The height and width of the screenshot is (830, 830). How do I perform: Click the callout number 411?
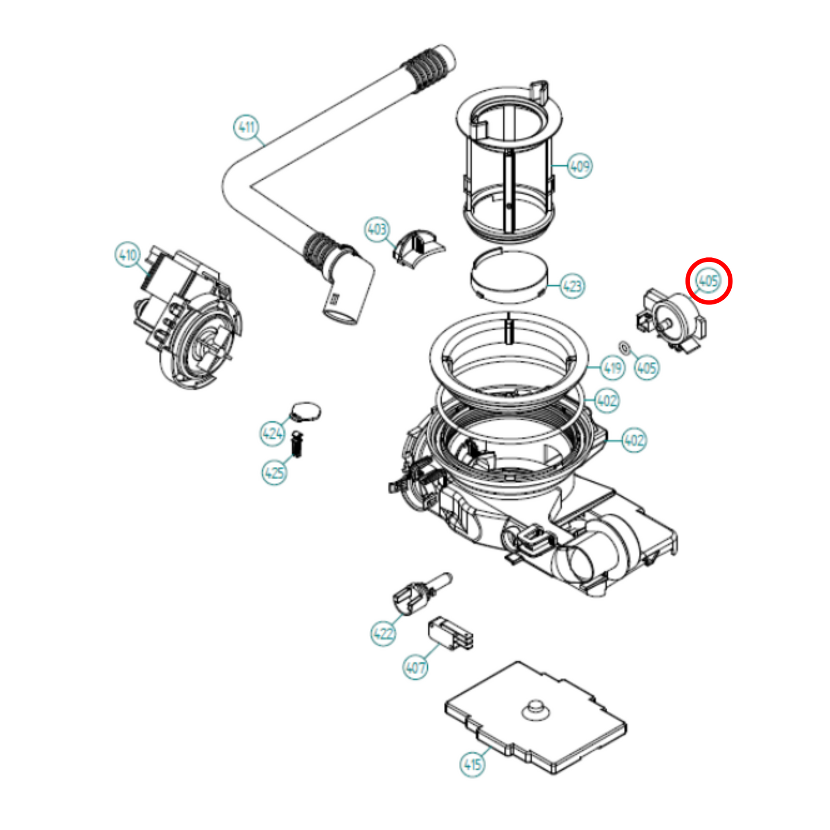246,127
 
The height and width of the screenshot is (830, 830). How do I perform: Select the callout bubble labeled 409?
580,166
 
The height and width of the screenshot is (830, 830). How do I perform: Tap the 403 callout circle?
377,230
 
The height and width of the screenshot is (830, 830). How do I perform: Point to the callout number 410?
127,254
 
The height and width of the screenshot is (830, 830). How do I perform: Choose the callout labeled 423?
572,285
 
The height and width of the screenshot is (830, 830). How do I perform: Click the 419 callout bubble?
612,368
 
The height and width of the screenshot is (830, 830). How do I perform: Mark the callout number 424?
272,433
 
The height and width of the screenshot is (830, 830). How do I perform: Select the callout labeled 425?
274,473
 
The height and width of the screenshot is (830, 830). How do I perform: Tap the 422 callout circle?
383,634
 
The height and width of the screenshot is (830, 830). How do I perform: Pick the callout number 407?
415,667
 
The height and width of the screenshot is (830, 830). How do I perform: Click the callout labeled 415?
472,765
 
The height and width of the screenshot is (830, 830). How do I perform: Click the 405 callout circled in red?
708,281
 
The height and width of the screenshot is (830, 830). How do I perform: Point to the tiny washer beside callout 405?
624,347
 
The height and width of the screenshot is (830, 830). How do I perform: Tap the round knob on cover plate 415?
535,710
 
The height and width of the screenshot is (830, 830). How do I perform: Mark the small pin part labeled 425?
297,444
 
